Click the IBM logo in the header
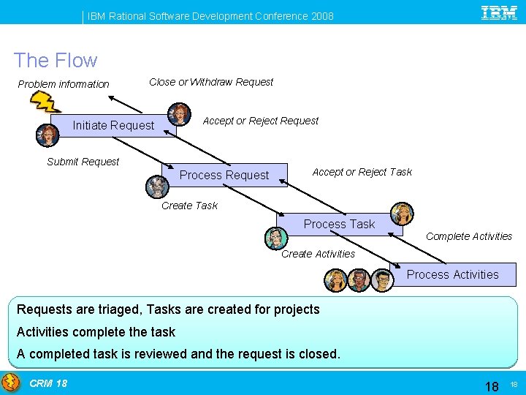499,12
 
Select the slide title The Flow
56,61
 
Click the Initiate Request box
113,126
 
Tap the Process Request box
224,176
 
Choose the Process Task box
339,225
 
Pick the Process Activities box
452,274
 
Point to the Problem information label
64,84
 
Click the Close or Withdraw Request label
211,82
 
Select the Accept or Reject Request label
261,121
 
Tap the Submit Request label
83,162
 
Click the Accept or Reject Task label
362,172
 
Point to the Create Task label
189,206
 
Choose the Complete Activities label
468,236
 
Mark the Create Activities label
318,254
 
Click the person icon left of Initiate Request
47,135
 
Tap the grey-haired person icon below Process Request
156,187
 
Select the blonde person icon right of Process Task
401,214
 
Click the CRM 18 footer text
48,383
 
